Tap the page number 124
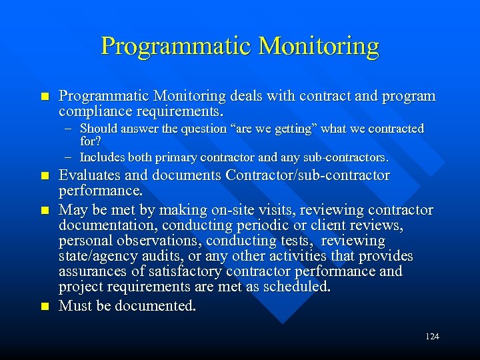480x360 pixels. tap(431, 337)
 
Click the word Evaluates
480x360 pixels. tap(88, 176)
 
